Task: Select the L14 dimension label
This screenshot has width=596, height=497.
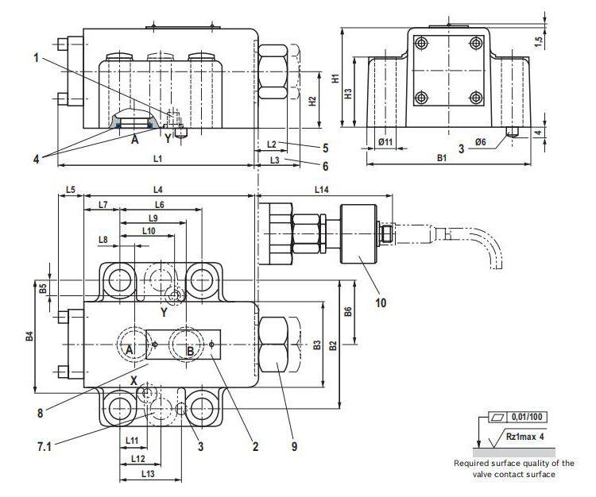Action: coord(321,191)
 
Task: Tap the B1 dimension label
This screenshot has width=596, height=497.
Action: coord(442,159)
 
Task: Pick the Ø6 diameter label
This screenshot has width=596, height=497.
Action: coord(479,141)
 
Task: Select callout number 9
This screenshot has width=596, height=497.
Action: coord(293,447)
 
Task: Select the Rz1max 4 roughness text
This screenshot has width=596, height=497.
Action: coord(528,436)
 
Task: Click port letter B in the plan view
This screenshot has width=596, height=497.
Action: coord(190,351)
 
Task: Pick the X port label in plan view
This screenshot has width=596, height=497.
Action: coord(134,380)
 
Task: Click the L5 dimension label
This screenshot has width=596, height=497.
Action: coord(70,191)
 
